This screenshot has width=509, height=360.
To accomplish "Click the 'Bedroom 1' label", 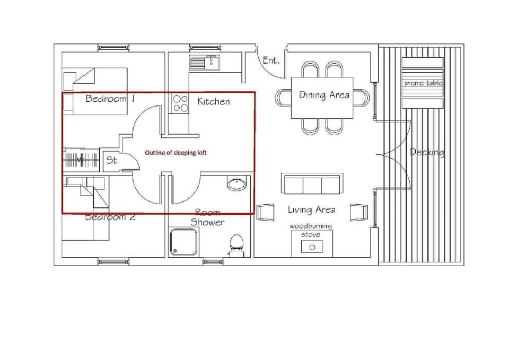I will (x=110, y=99).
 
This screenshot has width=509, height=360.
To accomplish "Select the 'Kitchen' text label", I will (x=214, y=101).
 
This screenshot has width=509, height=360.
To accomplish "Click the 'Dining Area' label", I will (x=324, y=95).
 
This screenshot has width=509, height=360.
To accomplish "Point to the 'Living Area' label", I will (x=311, y=210).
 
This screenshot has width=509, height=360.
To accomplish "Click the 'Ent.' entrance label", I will (x=271, y=60).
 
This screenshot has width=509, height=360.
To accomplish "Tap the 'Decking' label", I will (x=427, y=153).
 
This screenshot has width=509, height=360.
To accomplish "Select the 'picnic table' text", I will (x=423, y=83).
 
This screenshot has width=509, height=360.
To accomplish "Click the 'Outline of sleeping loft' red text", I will (x=175, y=153).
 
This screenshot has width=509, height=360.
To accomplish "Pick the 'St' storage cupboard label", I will (x=111, y=160).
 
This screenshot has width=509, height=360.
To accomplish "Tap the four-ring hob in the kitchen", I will (x=180, y=103).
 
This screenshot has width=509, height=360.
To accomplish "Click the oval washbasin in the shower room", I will (x=236, y=185).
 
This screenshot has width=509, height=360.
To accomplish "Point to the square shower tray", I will (x=183, y=242).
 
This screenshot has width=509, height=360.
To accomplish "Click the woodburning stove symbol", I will (x=312, y=247).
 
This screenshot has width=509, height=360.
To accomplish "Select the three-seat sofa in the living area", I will (x=312, y=185).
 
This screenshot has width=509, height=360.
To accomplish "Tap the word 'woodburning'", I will (x=311, y=226).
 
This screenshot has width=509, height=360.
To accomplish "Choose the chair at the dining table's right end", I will (x=362, y=98).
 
